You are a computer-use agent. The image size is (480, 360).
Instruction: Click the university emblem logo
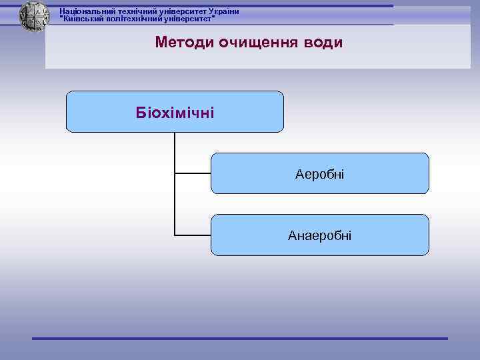point(34,16)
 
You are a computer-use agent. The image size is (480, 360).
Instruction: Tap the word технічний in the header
point(133,11)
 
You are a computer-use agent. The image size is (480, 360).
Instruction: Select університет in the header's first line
point(180,11)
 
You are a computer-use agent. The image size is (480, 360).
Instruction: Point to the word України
point(223,11)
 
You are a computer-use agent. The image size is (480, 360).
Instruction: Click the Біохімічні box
point(175,111)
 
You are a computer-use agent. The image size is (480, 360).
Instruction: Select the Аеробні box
point(320,173)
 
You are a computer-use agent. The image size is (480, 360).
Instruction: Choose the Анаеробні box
point(320,235)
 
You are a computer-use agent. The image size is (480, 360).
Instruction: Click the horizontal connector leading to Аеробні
point(193,173)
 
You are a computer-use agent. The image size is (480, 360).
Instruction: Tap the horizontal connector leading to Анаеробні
point(193,235)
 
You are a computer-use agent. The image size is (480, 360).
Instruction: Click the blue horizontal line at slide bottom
point(240,339)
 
